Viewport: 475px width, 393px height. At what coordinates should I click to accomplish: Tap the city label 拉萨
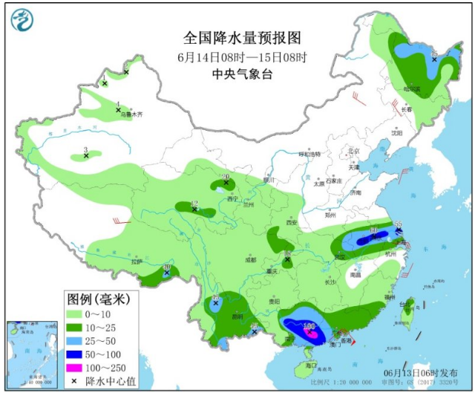tap(136, 262)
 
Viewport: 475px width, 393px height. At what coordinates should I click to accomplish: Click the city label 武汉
tap(340, 256)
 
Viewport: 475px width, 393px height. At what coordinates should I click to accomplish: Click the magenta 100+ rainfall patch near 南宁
tap(312, 334)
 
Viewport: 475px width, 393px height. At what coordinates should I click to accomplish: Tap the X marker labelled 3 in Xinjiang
tap(86, 156)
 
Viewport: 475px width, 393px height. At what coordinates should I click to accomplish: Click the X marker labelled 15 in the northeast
tap(433, 57)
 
